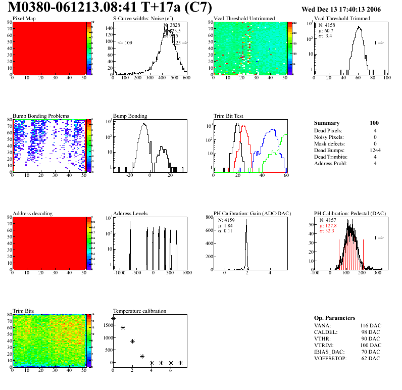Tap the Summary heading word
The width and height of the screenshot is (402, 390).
[326, 123]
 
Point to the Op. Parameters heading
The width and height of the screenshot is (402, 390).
[335, 317]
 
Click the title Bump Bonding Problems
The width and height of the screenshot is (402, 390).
[41, 116]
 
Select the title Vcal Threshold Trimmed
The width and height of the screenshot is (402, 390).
[342, 18]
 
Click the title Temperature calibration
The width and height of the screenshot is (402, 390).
[139, 311]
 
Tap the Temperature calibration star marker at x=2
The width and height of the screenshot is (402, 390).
[132, 341]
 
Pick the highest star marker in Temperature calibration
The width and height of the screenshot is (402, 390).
[113, 319]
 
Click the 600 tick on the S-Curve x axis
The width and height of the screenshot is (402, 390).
[186, 78]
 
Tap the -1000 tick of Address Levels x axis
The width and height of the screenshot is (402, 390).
[120, 273]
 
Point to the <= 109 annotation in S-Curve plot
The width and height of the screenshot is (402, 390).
[124, 43]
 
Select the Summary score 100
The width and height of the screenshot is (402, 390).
[374, 123]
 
